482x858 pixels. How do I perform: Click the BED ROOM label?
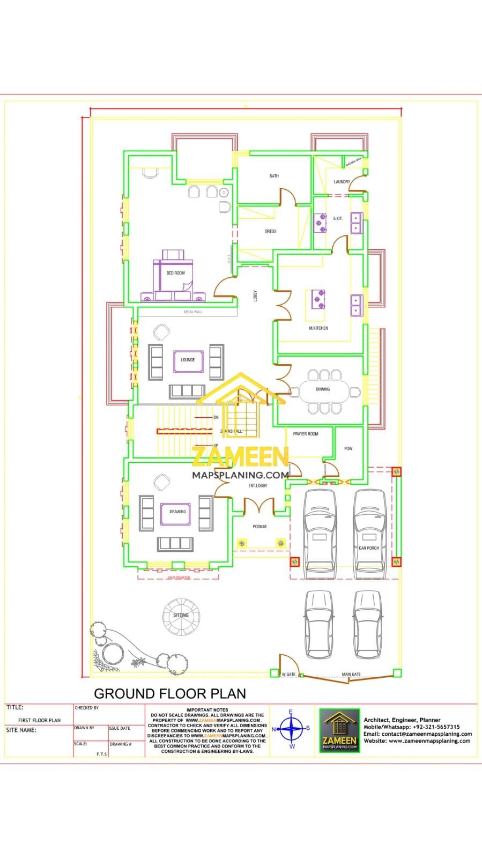(x=175, y=273)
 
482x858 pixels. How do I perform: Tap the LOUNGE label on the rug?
(x=188, y=360)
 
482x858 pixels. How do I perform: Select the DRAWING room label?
(x=177, y=512)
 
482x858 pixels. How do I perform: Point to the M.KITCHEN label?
(x=318, y=328)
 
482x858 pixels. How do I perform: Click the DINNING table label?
(x=323, y=389)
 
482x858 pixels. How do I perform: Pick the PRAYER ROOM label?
(x=306, y=434)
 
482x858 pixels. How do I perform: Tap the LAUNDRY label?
(x=342, y=182)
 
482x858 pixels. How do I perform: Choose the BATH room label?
(x=274, y=176)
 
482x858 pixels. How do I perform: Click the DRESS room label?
(x=271, y=232)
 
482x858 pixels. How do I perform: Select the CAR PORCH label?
(x=369, y=548)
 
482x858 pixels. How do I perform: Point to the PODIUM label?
(x=259, y=527)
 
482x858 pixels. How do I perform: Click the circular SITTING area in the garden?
(x=181, y=616)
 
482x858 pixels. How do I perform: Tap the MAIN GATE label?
(x=351, y=674)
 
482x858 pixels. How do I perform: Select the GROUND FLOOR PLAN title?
(x=170, y=693)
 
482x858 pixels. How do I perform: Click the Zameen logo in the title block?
(x=339, y=730)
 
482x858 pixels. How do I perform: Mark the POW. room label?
(x=348, y=448)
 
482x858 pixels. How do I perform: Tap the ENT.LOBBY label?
(x=257, y=486)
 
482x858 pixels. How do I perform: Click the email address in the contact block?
(x=418, y=734)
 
